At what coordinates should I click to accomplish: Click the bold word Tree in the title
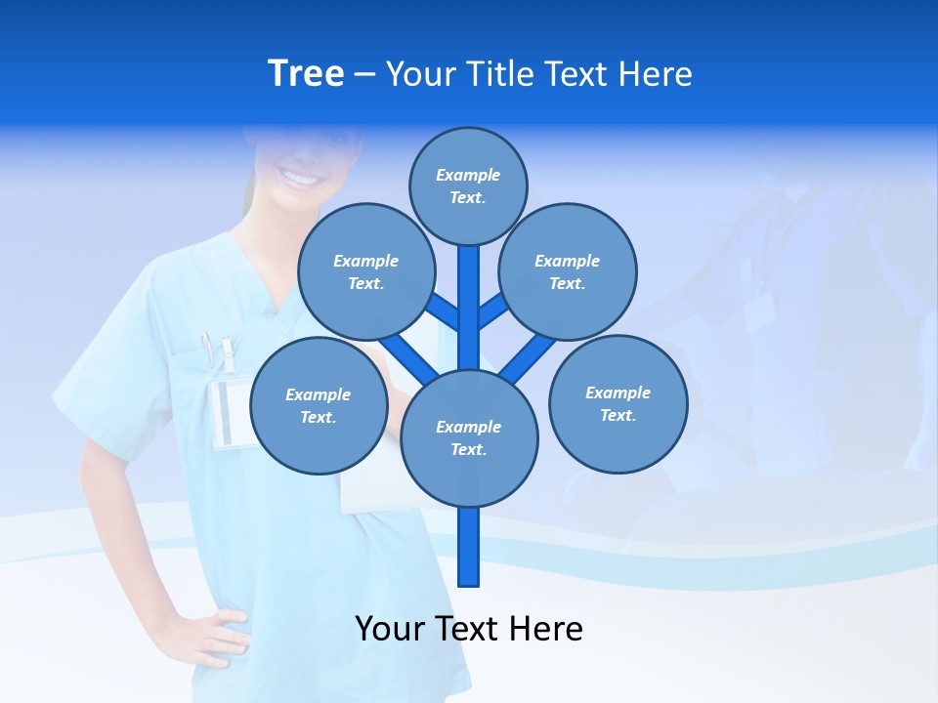pos(306,73)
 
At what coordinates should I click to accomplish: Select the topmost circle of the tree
pos(468,186)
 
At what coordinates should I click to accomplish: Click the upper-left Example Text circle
pos(365,271)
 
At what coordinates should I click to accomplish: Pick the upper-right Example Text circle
pos(568,271)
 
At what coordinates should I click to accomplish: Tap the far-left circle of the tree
pos(319,405)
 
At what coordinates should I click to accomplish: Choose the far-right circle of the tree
pos(618,403)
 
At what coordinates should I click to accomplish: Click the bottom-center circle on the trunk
pos(469,437)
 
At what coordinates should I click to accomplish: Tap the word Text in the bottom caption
pos(468,629)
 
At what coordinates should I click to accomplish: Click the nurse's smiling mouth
pos(299,179)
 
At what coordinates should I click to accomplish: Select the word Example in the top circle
pos(468,175)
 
